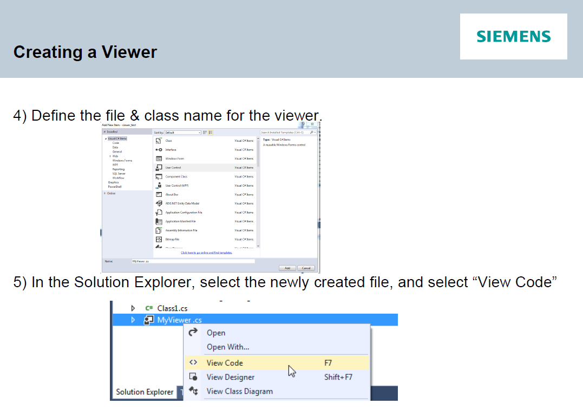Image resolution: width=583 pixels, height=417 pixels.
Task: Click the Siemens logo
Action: [513, 36]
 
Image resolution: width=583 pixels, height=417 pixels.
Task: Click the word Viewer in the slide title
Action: [129, 52]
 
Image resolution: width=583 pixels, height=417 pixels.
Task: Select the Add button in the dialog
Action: [287, 268]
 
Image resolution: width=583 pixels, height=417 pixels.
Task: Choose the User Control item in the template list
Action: [173, 168]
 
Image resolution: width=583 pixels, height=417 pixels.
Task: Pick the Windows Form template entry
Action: [174, 158]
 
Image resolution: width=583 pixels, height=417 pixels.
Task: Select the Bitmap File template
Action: [172, 239]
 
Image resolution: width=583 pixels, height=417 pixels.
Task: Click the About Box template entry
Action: [172, 194]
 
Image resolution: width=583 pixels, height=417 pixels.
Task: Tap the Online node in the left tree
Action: [111, 193]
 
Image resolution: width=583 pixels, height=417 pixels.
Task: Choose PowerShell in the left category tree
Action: [115, 187]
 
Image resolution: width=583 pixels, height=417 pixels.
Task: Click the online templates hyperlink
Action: [206, 253]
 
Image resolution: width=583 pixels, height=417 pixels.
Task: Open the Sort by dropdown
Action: [183, 133]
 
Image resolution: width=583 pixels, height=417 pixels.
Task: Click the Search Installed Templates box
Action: [284, 133]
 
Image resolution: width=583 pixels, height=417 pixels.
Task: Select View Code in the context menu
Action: [225, 363]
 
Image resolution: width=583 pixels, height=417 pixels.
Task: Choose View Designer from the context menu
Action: [230, 377]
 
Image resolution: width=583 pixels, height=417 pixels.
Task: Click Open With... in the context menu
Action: [228, 347]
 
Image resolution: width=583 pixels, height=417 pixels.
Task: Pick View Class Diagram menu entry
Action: [239, 391]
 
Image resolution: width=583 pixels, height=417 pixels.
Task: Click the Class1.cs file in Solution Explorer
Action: [172, 308]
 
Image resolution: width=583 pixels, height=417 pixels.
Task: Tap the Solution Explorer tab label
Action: [145, 392]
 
